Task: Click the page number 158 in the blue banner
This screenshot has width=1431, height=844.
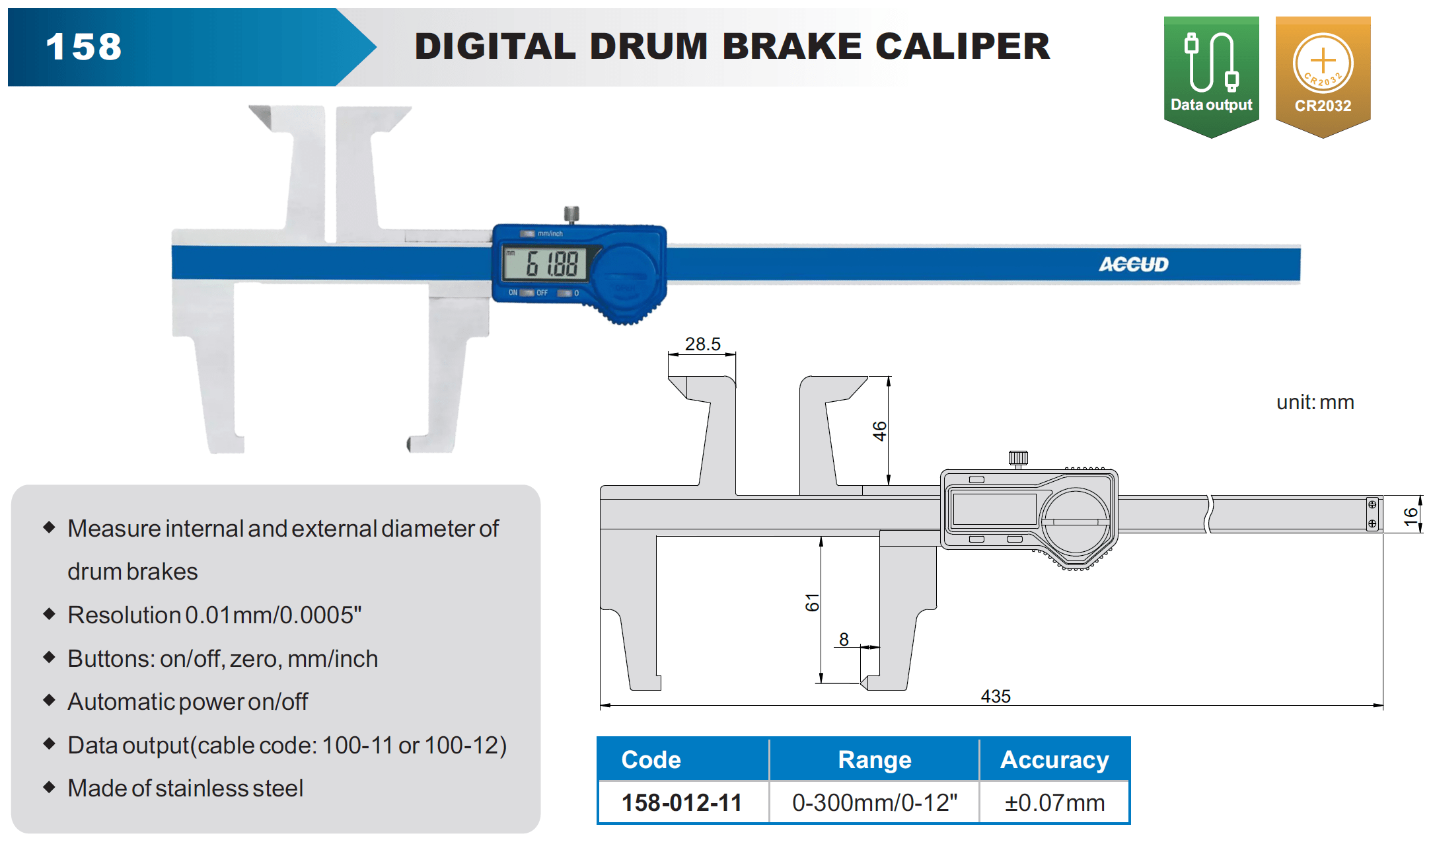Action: click(84, 47)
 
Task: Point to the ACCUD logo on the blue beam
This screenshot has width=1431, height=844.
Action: click(1133, 264)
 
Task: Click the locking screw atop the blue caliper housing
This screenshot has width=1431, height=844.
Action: click(571, 215)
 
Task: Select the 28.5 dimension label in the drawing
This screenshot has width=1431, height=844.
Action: click(702, 344)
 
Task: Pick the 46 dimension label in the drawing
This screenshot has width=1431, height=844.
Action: click(879, 431)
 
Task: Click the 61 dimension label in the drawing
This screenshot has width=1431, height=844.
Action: click(812, 602)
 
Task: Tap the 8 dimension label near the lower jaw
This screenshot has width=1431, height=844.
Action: click(844, 639)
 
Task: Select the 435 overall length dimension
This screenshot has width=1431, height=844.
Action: click(995, 696)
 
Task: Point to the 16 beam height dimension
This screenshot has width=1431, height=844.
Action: click(1411, 516)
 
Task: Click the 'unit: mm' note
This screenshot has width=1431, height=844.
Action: click(1315, 402)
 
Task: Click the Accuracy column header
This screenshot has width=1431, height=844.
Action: click(1054, 759)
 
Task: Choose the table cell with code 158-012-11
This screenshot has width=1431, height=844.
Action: click(682, 802)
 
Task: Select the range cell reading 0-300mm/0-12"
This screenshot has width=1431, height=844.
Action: click(874, 802)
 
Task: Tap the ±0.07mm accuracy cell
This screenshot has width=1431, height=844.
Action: click(1054, 802)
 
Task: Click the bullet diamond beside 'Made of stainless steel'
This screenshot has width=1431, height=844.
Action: click(49, 786)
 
